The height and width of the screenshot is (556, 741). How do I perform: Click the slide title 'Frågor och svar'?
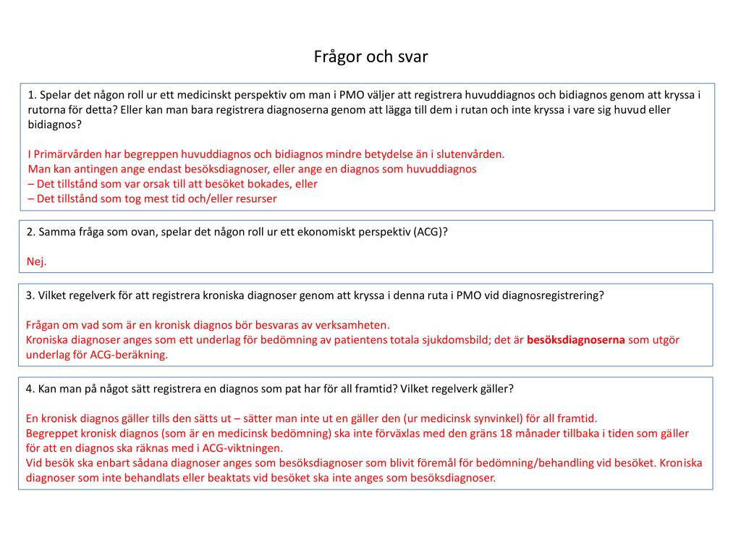coord(370,56)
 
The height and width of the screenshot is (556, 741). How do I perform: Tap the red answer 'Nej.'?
coord(36,261)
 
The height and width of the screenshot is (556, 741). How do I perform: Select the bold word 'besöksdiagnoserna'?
coord(575,340)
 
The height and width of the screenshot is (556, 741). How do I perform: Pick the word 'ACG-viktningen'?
coord(244,448)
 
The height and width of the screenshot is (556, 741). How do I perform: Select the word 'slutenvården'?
coord(470,153)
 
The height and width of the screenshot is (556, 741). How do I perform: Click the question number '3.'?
coord(30,295)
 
